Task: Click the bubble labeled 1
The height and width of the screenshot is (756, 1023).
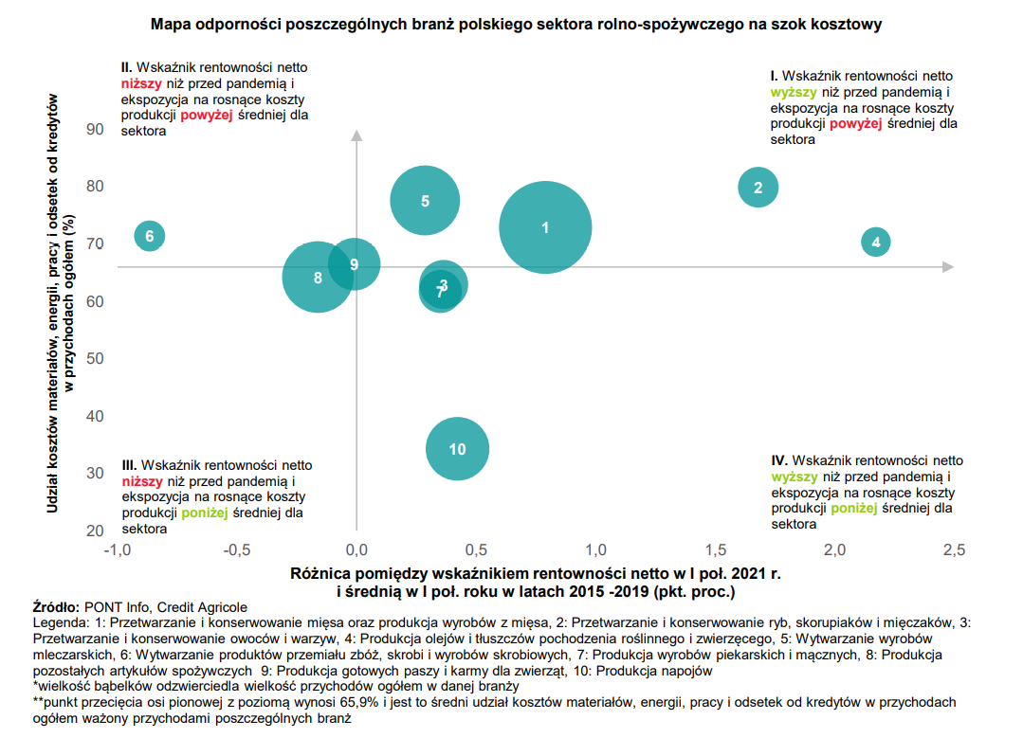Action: (545, 227)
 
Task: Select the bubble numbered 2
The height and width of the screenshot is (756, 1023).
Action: (758, 188)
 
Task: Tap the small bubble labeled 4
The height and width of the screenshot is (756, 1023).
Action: (876, 243)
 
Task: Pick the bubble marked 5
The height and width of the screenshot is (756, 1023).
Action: (425, 200)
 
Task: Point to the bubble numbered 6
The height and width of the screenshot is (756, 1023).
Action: (149, 236)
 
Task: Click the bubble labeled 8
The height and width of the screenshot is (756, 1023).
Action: (318, 277)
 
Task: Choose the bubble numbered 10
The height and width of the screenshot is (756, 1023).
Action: (457, 449)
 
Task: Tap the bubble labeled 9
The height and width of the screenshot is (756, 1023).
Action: (355, 264)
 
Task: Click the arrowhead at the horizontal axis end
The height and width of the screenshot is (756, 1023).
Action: (947, 267)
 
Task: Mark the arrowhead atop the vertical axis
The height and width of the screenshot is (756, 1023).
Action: (356, 135)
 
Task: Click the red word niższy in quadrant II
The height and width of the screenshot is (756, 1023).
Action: (141, 83)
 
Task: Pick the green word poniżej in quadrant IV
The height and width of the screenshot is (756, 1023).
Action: (854, 508)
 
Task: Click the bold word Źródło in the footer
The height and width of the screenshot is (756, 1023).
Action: (56, 607)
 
